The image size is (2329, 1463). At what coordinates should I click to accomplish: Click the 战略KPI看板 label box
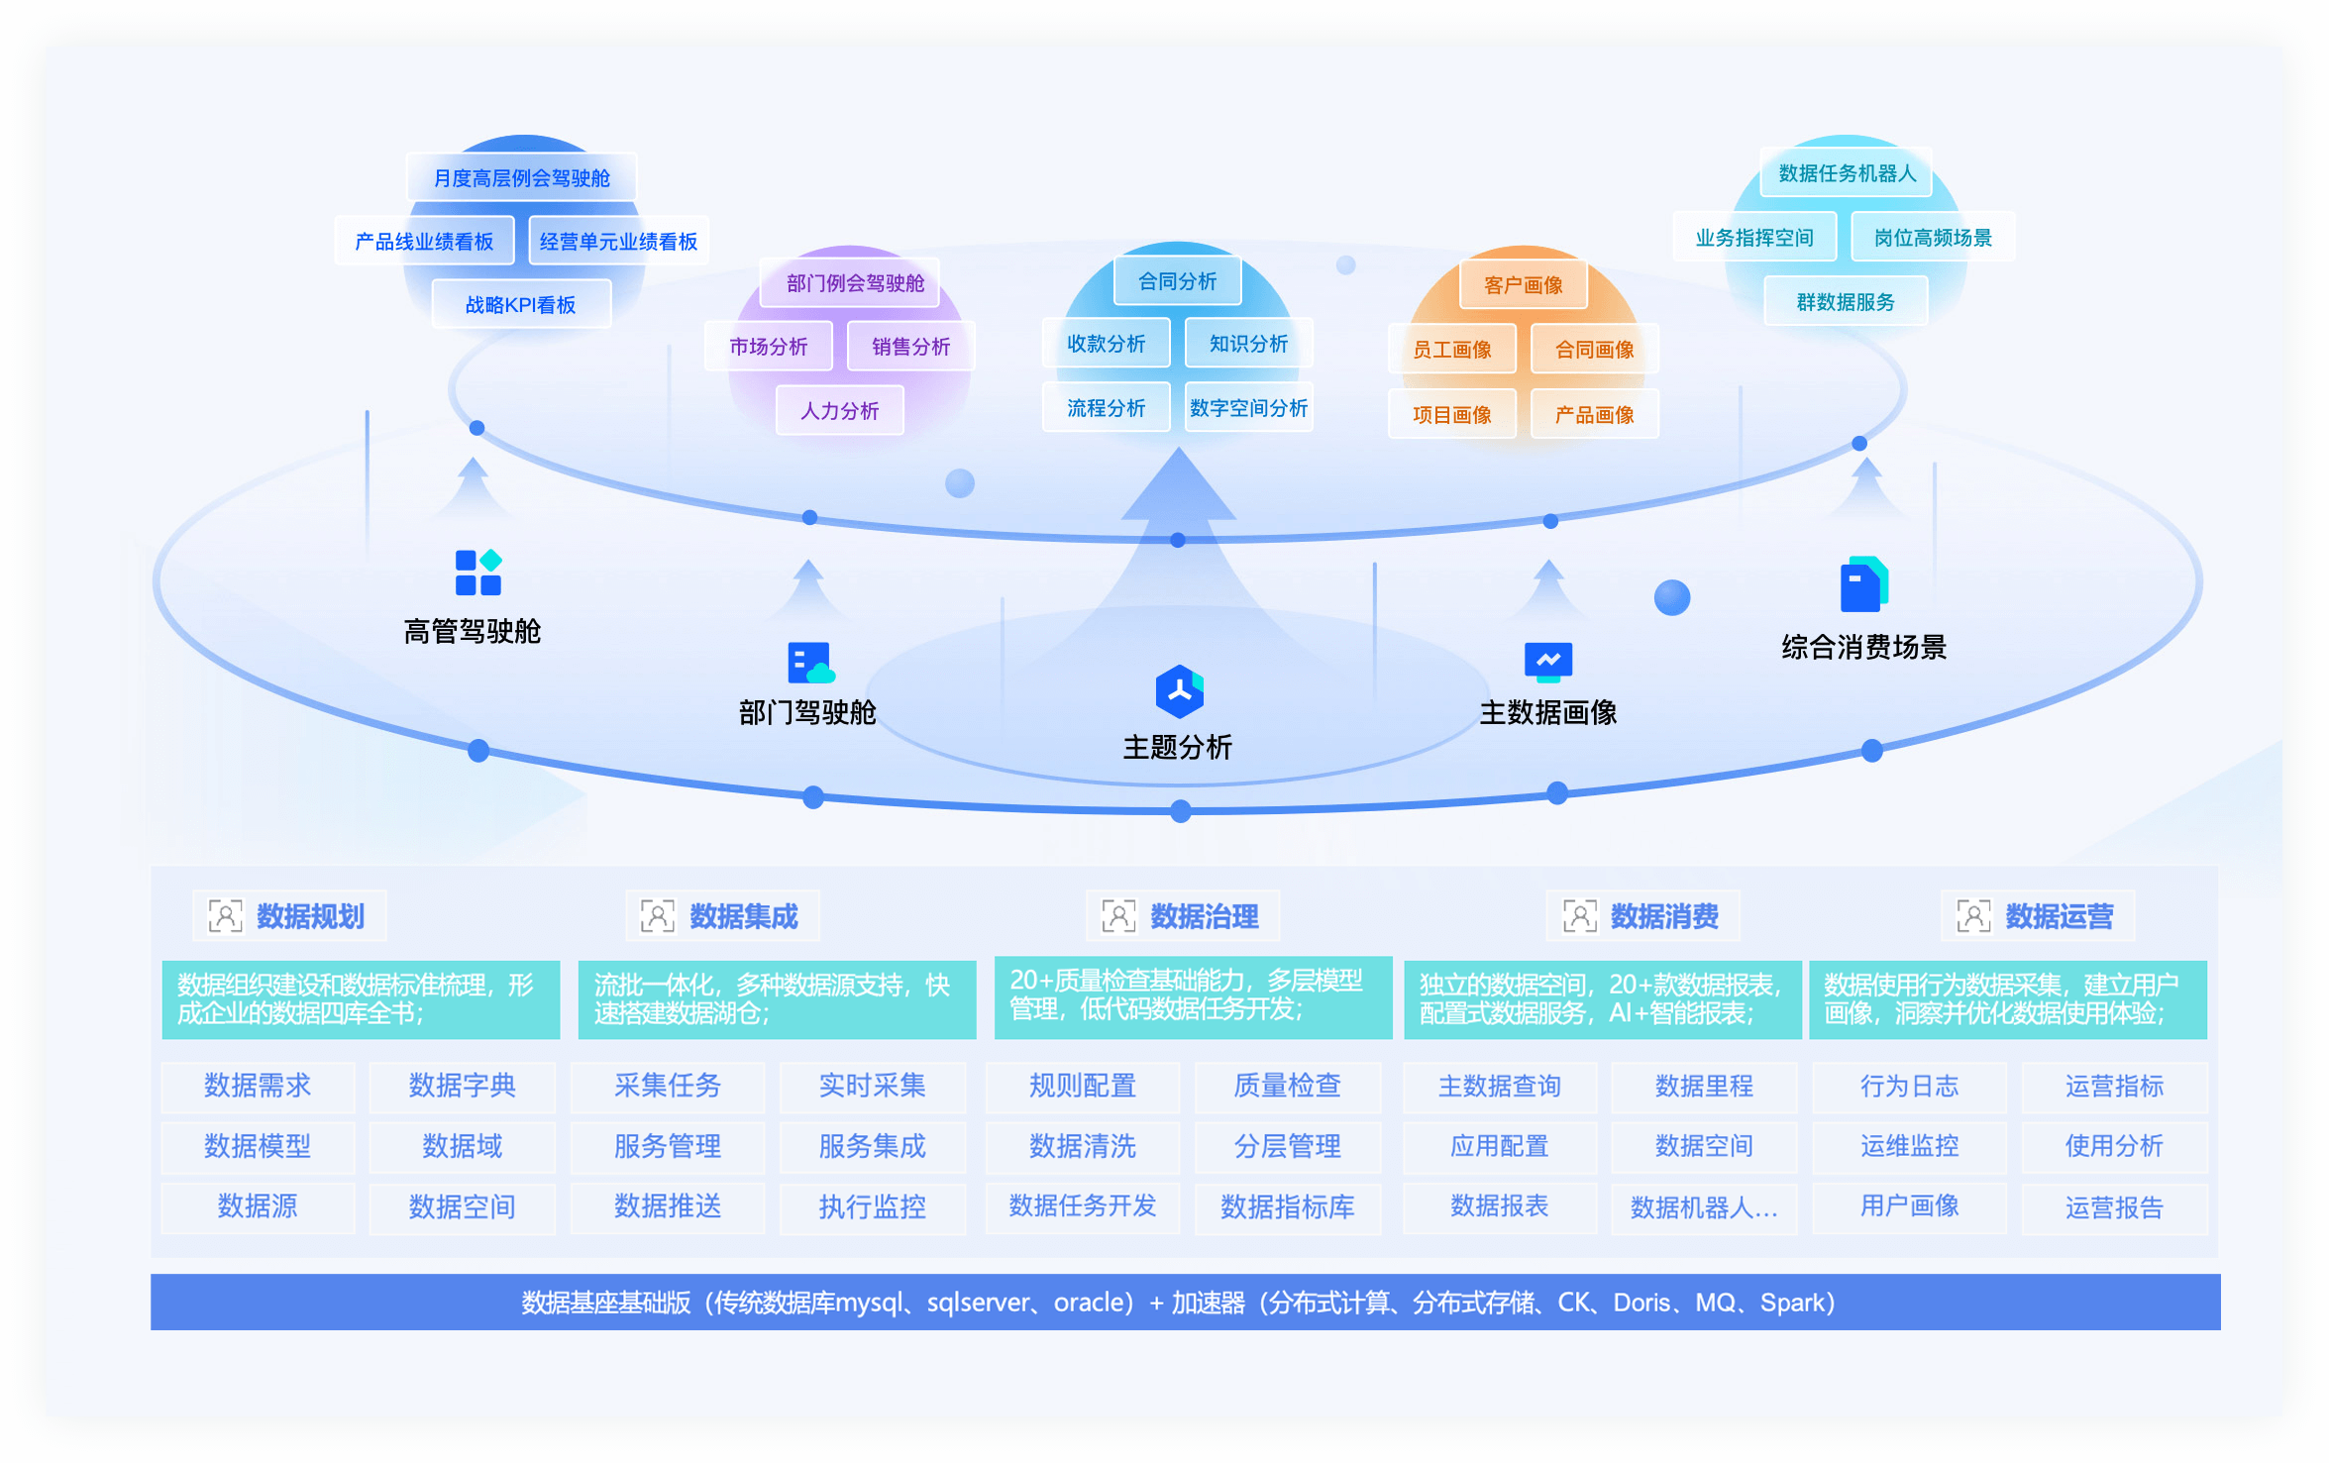tap(521, 304)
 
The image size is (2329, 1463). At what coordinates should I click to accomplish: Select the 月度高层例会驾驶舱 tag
tap(521, 178)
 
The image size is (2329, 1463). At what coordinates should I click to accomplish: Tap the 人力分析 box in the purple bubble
tap(839, 410)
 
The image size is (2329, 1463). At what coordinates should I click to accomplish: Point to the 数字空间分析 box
tap(1248, 407)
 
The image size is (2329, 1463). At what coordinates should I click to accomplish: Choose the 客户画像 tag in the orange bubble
tap(1523, 285)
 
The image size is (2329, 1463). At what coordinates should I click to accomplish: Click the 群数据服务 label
tap(1845, 302)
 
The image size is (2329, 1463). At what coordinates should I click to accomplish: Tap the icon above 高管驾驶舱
tap(477, 573)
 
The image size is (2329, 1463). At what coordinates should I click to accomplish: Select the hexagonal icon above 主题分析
tap(1179, 691)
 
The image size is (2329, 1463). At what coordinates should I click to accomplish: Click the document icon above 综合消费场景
tap(1862, 584)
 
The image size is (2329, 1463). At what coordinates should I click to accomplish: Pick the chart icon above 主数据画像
tap(1548, 661)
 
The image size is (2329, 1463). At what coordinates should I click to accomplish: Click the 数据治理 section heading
tap(1204, 916)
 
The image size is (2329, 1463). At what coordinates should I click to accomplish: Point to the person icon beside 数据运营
tap(1972, 916)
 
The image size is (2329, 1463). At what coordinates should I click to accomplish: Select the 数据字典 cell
tap(462, 1086)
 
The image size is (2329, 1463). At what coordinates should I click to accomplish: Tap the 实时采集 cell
tap(872, 1086)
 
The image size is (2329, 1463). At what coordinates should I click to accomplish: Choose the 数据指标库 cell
tap(1287, 1206)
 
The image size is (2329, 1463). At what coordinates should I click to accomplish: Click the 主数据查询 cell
tap(1499, 1086)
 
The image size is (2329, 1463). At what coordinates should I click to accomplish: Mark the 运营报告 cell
tap(2113, 1206)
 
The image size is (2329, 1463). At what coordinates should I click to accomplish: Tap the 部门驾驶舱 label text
tap(807, 712)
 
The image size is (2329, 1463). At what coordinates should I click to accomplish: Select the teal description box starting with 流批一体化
tap(777, 999)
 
